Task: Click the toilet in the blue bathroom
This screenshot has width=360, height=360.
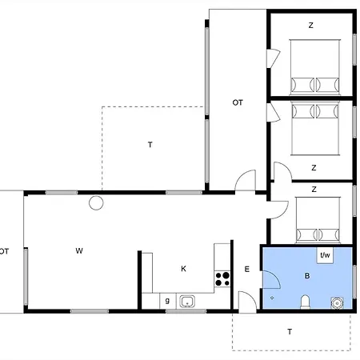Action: (x=305, y=302)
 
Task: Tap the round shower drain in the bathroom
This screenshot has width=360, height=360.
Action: (x=272, y=298)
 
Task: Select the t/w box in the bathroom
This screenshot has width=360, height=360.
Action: (x=325, y=255)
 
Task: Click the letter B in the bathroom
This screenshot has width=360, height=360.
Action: (x=307, y=276)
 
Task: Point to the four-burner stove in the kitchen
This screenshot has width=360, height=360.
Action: (x=222, y=279)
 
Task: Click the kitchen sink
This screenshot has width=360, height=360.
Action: (x=187, y=302)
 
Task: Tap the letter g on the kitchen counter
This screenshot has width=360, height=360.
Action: (x=167, y=301)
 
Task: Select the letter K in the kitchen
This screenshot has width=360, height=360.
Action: (x=183, y=269)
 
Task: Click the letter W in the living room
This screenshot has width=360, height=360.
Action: (x=79, y=250)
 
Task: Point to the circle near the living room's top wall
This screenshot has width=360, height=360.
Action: (x=96, y=203)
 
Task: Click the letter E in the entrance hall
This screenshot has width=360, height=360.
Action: (x=247, y=269)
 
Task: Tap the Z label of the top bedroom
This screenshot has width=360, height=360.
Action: (x=310, y=26)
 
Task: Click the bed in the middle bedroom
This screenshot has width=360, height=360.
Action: (x=315, y=128)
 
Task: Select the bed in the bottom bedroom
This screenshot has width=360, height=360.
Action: (x=318, y=220)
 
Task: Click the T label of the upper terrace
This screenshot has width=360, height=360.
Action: (x=150, y=145)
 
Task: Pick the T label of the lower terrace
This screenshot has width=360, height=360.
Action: (x=290, y=332)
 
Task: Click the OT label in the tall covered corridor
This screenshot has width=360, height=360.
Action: (x=238, y=102)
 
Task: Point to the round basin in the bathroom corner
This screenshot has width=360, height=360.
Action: (x=338, y=303)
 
